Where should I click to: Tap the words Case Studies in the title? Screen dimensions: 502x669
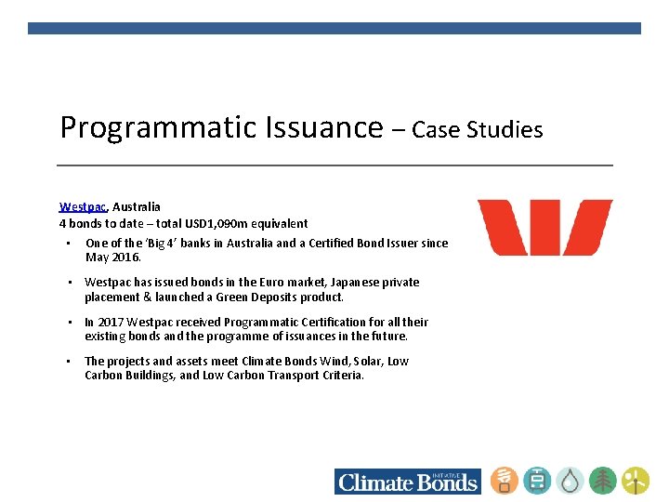click(x=477, y=130)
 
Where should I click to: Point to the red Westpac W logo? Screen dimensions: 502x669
click(x=544, y=228)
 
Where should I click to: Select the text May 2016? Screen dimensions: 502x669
click(x=113, y=257)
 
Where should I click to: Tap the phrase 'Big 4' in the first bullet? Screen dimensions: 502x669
click(x=158, y=244)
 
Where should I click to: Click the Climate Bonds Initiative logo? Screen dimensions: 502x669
click(x=408, y=481)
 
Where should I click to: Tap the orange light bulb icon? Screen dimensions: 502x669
click(x=505, y=481)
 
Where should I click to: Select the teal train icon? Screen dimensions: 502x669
click(x=537, y=481)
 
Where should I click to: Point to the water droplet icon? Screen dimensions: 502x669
click(x=570, y=481)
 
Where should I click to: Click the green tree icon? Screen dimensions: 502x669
click(x=602, y=481)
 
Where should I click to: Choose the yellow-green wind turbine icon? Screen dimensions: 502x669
click(x=636, y=481)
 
